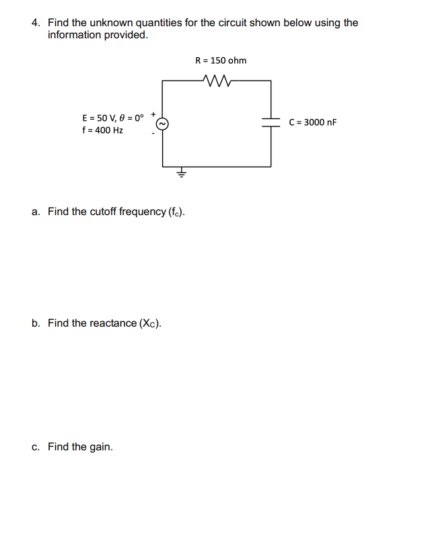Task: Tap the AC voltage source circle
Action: click(162, 123)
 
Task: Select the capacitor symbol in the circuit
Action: click(271, 122)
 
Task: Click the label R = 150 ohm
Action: click(221, 60)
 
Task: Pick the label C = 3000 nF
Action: click(312, 122)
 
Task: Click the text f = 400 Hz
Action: click(102, 130)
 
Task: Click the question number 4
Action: click(36, 23)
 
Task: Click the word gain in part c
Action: click(101, 447)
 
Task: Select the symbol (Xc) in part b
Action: click(150, 324)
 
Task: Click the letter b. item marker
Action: click(36, 323)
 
